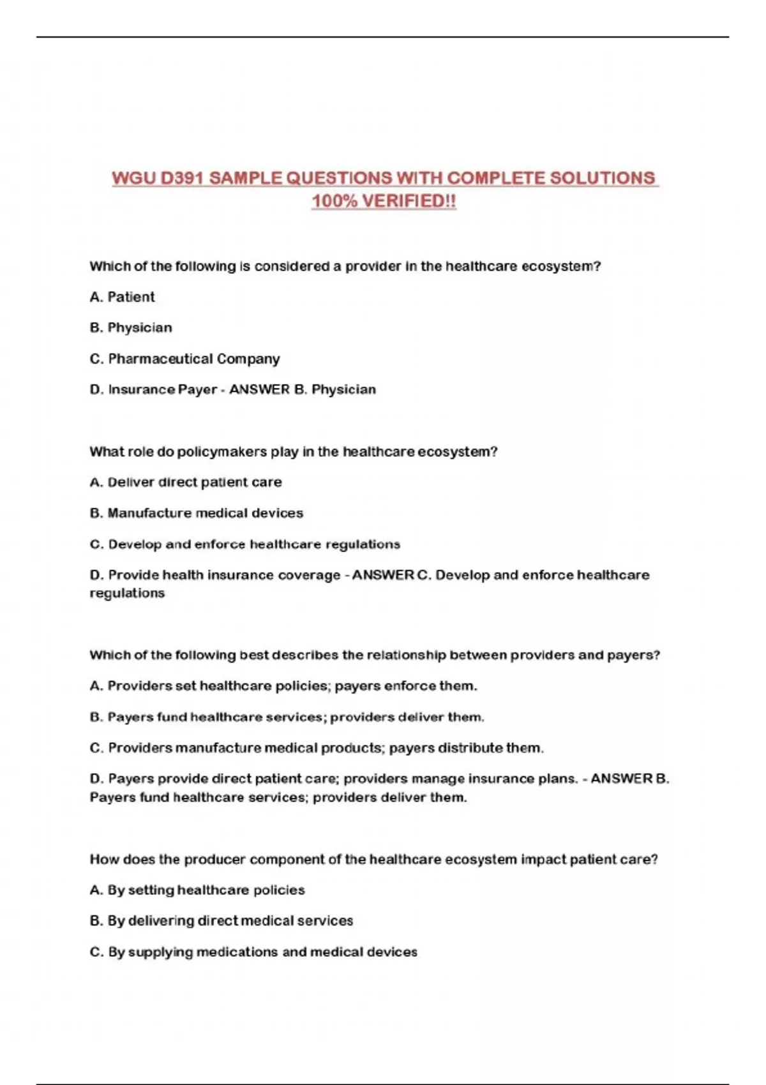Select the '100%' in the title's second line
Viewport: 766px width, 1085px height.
click(x=334, y=202)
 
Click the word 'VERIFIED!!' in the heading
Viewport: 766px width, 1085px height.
click(x=409, y=202)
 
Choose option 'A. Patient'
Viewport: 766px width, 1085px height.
click(x=122, y=297)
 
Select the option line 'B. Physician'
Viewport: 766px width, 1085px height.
click(x=131, y=327)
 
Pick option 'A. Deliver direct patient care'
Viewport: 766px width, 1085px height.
click(x=185, y=483)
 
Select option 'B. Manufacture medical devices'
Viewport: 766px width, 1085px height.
click(x=196, y=513)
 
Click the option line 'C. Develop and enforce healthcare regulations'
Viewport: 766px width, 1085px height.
click(x=244, y=544)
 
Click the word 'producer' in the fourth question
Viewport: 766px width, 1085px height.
click(x=214, y=860)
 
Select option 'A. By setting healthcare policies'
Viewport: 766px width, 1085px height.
click(x=197, y=890)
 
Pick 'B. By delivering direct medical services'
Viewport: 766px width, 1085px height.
click(x=221, y=921)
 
